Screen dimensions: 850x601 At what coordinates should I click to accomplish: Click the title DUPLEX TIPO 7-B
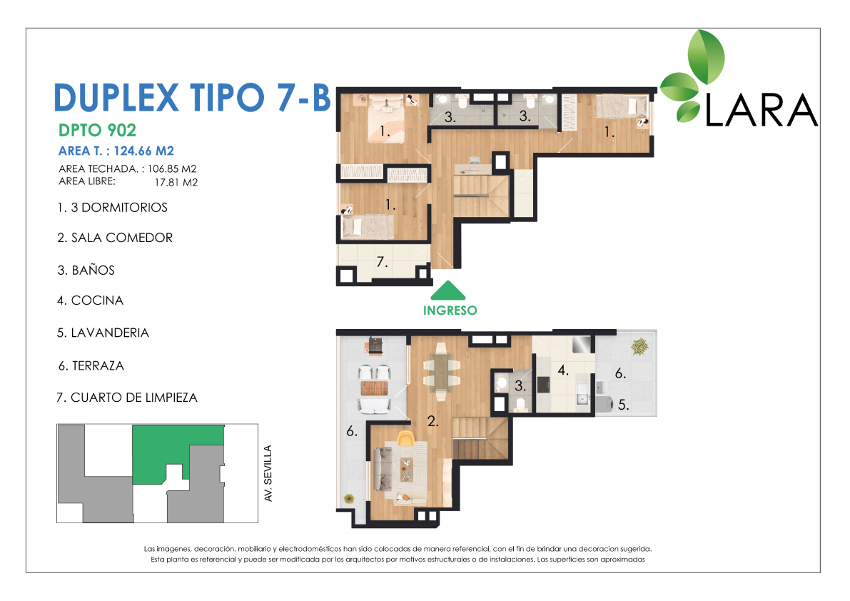point(193,98)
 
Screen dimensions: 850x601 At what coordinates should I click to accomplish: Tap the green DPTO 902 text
point(97,130)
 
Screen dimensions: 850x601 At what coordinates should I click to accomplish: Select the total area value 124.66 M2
point(143,151)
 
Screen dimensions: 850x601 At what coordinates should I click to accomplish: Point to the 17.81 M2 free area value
point(176,183)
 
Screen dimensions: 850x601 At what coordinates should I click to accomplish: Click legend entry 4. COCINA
point(91,300)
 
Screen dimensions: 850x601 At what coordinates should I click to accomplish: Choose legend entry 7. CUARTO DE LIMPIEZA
point(127,398)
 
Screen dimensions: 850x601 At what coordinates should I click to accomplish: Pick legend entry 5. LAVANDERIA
point(103,333)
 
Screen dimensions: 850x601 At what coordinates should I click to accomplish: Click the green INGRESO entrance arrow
point(447,291)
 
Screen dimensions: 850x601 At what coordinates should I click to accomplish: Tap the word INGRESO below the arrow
point(450,310)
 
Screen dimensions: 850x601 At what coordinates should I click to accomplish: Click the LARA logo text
point(761,111)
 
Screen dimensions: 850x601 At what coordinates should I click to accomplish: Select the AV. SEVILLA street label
point(268,474)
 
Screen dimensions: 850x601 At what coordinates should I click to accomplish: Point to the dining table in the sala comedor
point(441,371)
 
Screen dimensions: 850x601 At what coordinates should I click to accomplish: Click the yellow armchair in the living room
point(405,438)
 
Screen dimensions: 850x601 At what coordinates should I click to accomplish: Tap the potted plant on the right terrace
point(639,346)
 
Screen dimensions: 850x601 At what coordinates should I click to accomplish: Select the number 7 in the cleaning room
point(382,262)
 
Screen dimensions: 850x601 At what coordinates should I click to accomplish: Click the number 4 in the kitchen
point(563,370)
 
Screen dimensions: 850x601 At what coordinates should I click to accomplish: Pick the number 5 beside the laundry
point(624,405)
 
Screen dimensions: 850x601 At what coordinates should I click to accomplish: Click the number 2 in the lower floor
point(432,421)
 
